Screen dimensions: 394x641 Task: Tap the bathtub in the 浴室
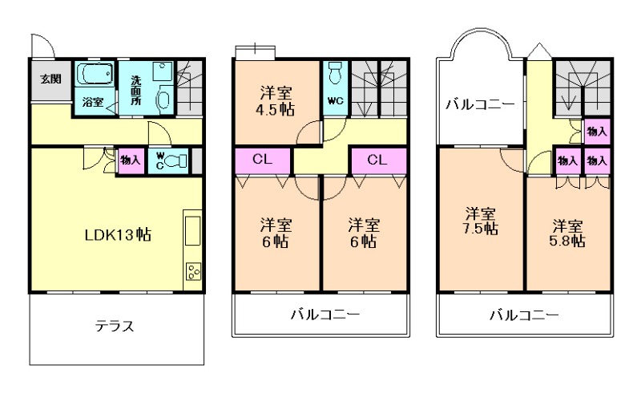tap(94, 77)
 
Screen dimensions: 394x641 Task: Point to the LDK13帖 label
tap(119, 235)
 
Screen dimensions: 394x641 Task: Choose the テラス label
tap(114, 327)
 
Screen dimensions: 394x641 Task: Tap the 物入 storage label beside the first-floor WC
tap(130, 159)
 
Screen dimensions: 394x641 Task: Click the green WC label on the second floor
tap(334, 102)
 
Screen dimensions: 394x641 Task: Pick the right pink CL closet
tap(378, 160)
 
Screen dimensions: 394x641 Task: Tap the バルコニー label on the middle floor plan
tap(325, 315)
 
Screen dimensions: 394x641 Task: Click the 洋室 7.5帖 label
tap(482, 221)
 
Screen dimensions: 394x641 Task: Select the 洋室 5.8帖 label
tap(567, 231)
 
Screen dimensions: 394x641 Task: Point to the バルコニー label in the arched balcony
tap(480, 104)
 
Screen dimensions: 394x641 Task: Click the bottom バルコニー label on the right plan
tap(523, 315)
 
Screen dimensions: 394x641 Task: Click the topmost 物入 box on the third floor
tap(595, 131)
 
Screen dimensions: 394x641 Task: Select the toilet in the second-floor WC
tap(335, 70)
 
